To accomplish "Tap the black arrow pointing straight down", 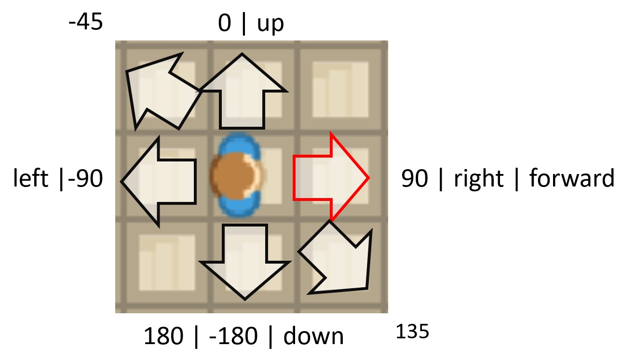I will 245,260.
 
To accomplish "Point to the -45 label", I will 86,23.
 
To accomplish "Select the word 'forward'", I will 572,179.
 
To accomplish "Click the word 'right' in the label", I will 478,179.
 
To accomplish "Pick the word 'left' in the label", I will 30,179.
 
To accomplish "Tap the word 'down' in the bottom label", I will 313,336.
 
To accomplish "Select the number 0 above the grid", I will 224,24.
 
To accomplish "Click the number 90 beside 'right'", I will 415,179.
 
